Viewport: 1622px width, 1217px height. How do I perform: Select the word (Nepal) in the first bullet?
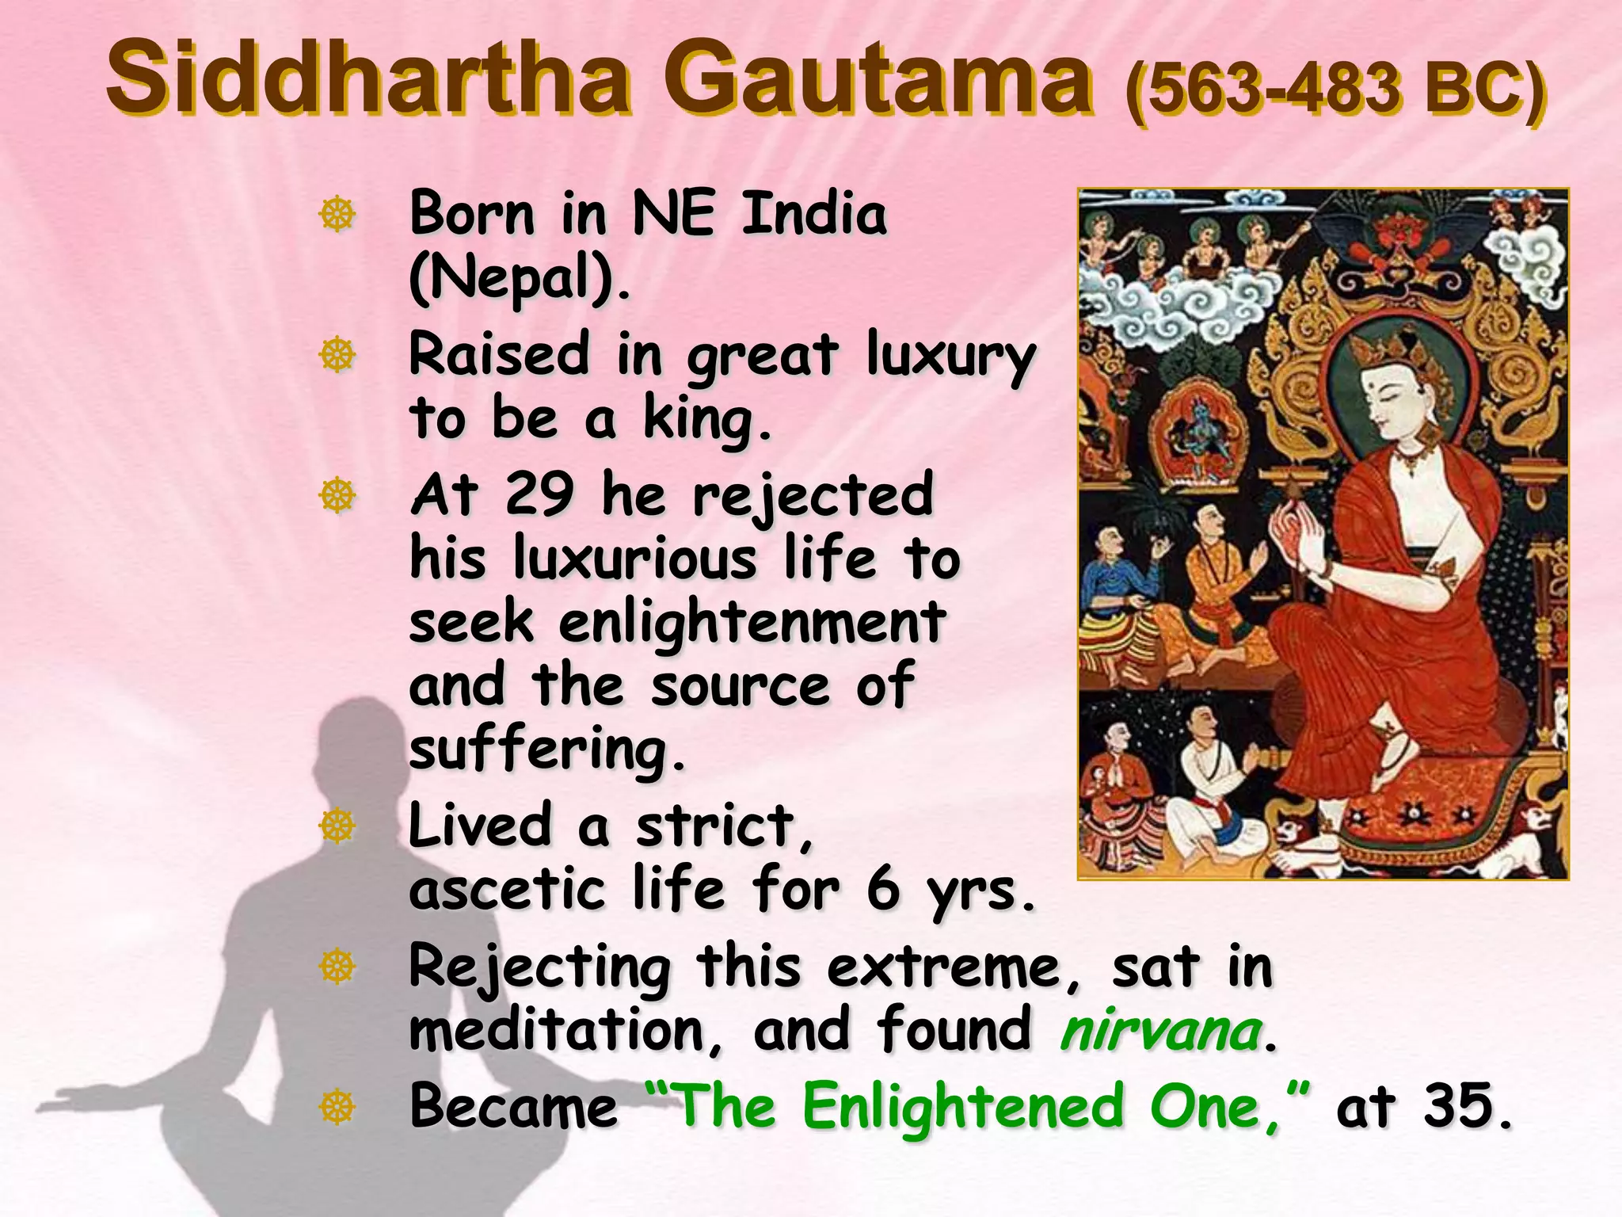point(520,279)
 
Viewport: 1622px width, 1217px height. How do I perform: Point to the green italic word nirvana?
point(1161,1032)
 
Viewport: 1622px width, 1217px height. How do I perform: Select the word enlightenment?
point(752,623)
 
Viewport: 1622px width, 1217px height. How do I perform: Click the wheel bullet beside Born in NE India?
point(337,214)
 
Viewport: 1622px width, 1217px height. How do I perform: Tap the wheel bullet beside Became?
point(337,1106)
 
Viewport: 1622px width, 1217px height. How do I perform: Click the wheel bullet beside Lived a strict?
point(337,826)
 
